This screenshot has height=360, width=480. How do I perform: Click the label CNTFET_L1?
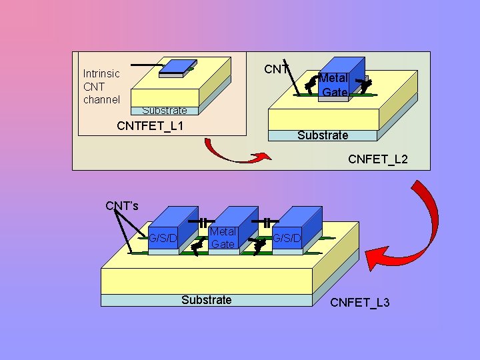pos(150,126)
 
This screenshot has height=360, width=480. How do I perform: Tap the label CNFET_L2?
pos(377,160)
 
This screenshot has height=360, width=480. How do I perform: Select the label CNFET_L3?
pos(360,303)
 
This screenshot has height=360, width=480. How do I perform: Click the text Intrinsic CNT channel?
pos(101,87)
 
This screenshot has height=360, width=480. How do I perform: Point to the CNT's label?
pos(122,205)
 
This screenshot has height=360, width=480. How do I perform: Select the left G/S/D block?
pos(164,235)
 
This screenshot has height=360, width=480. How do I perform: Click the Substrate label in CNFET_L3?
pos(207,300)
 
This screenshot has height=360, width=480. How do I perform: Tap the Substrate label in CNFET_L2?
pos(323,135)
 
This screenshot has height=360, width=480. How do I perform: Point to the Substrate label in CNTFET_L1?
pos(164,111)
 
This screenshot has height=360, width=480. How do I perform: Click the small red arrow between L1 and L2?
pos(237,153)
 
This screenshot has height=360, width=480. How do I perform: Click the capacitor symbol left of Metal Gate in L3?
pos(203,221)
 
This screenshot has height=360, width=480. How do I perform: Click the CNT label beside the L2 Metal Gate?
pos(277,69)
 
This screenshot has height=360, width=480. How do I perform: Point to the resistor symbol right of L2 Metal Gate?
pos(364,85)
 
